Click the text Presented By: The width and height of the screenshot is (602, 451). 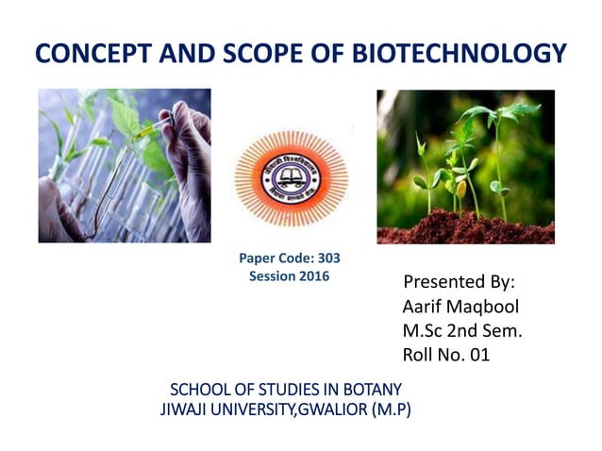pos(459,282)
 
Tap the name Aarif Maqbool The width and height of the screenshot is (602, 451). pos(460,307)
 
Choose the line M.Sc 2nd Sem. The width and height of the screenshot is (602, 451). pos(462,330)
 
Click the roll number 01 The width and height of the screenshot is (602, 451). pos(477,355)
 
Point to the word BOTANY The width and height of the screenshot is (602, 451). pos(371,389)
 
